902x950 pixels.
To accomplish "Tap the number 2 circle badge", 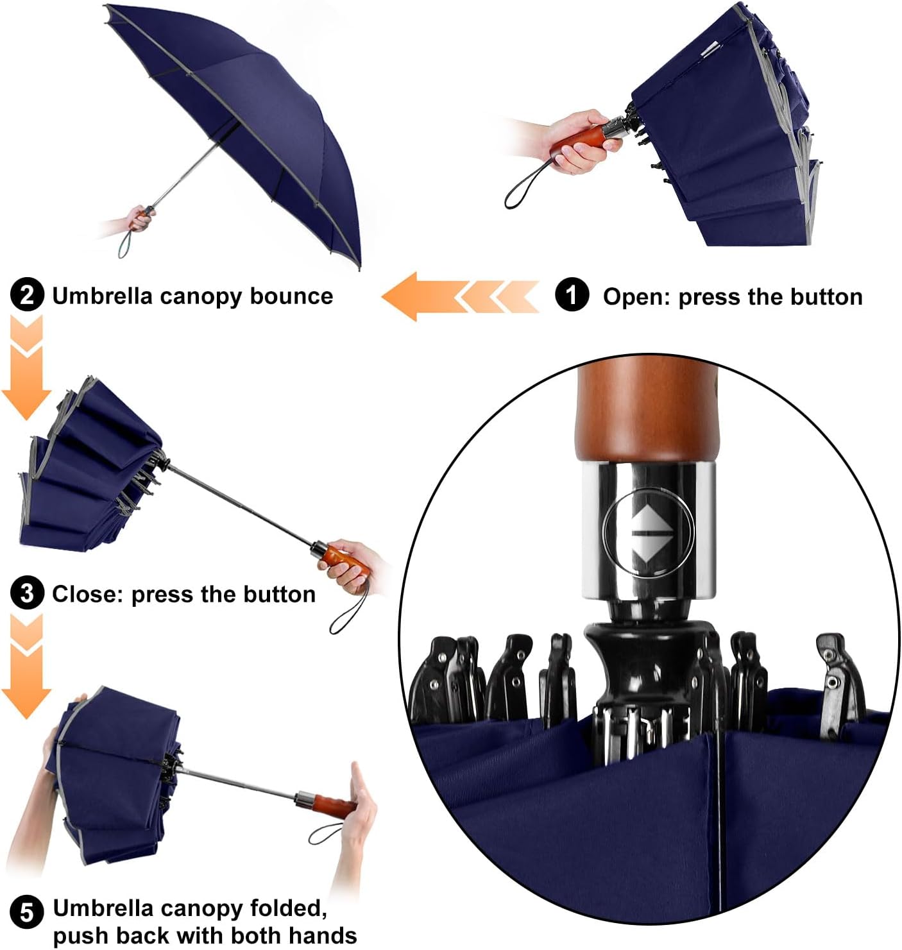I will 27,296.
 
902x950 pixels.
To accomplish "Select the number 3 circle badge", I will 27,593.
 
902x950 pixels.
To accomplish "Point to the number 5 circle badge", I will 27,912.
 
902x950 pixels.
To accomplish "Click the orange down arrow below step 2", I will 26,385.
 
